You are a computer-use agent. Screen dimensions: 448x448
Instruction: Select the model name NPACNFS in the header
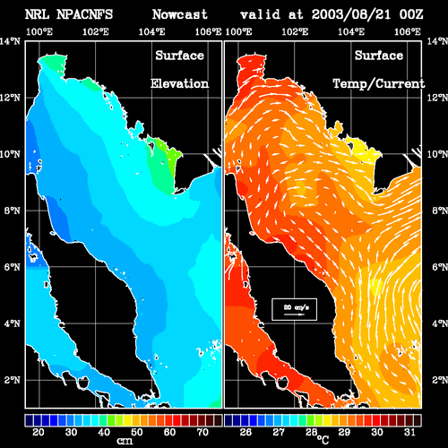[84, 14]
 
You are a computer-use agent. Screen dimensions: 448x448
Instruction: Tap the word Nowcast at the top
[179, 14]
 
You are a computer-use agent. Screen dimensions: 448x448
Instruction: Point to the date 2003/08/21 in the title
[351, 14]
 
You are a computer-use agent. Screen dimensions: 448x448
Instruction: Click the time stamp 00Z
[411, 14]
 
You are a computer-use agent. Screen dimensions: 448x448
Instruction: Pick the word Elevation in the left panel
[179, 83]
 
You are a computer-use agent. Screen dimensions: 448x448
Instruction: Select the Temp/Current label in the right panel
[379, 84]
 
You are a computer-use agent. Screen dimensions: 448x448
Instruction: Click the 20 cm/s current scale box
[294, 309]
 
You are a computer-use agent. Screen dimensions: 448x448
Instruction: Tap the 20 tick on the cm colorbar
[39, 432]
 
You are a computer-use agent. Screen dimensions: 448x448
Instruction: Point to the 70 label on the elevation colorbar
[202, 432]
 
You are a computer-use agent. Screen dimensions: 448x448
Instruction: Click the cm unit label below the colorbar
[125, 441]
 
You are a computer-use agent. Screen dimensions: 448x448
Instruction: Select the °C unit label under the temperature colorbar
[323, 439]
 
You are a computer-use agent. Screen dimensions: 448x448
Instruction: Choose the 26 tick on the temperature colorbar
[246, 432]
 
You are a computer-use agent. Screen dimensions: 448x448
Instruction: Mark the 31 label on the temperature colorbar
[409, 432]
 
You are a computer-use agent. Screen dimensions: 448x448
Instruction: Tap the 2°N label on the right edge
[440, 380]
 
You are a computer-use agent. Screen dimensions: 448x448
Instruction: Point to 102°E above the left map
[96, 31]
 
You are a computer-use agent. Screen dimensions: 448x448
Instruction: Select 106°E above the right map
[408, 31]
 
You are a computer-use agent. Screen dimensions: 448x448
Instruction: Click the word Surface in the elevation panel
[179, 56]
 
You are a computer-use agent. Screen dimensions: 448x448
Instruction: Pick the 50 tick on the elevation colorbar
[136, 432]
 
